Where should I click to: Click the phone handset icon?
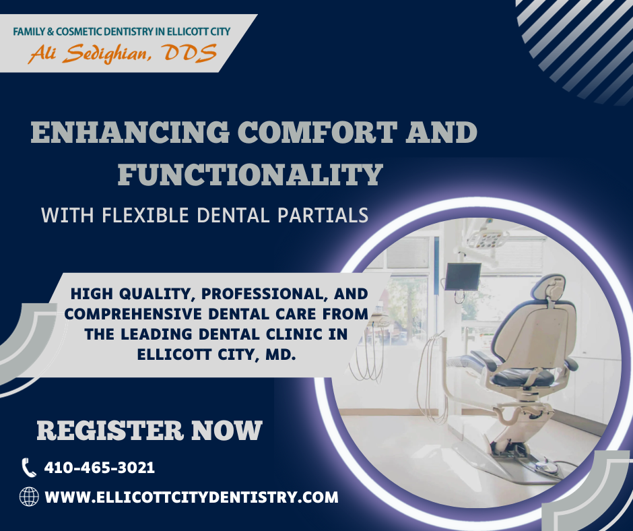click(x=29, y=468)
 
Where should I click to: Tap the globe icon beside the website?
click(x=29, y=497)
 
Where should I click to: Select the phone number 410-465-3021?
click(x=99, y=468)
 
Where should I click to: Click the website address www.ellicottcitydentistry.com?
click(x=191, y=497)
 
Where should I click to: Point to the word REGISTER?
click(x=110, y=431)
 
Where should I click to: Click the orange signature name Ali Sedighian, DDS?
click(x=123, y=54)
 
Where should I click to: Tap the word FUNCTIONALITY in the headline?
click(x=251, y=175)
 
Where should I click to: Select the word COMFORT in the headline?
click(x=317, y=133)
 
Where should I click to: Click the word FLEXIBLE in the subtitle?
click(x=145, y=215)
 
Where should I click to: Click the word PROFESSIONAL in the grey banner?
click(x=264, y=294)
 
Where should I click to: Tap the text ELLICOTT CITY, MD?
click(x=217, y=355)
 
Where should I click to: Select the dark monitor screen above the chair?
click(x=463, y=276)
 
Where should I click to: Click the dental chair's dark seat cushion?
click(x=523, y=377)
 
